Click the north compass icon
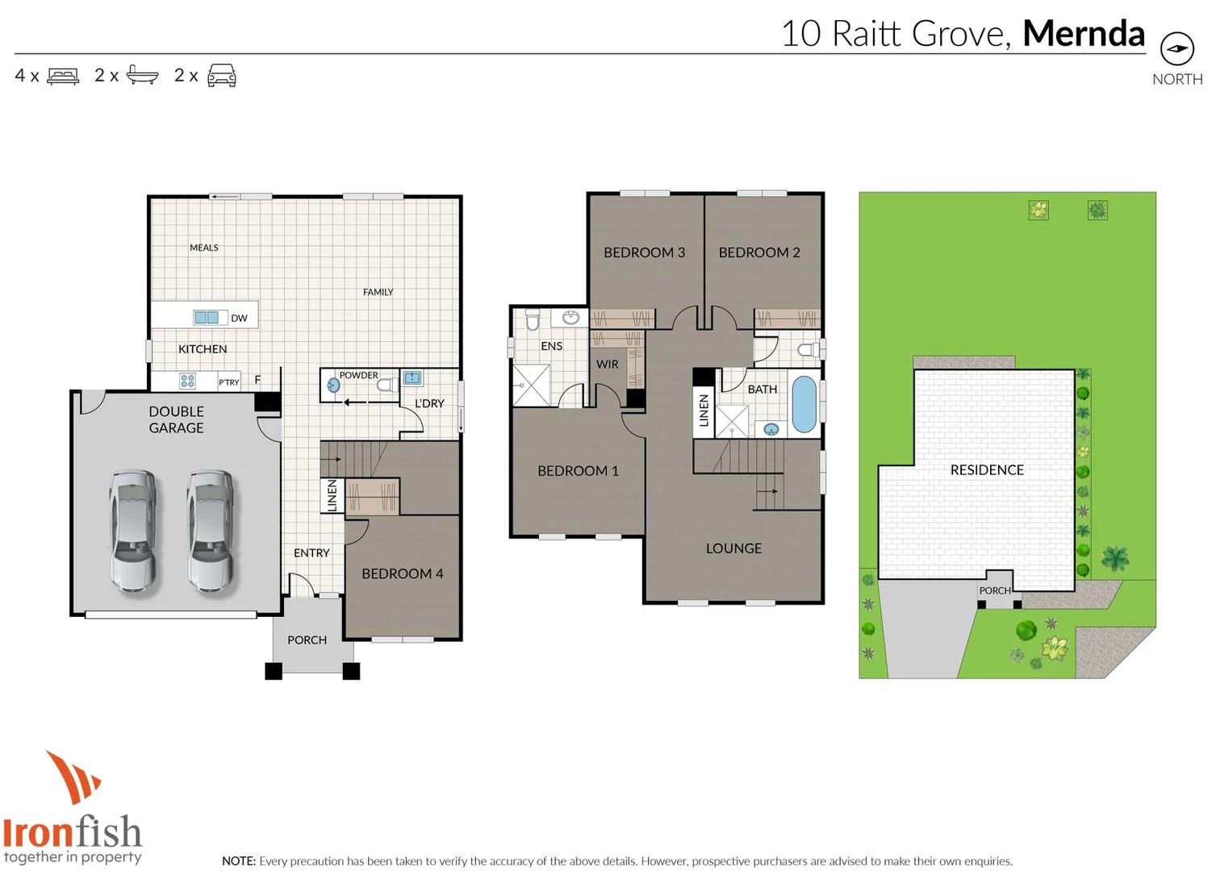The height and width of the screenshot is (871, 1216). coord(1176,49)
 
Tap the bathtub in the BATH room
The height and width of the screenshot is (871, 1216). coord(804,404)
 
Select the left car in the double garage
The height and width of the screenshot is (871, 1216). coord(134,531)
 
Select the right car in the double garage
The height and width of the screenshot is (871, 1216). coord(211,531)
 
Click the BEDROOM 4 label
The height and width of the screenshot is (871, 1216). coord(402,573)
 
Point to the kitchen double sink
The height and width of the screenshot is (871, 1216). coord(207,318)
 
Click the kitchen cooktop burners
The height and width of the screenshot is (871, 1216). coord(187,381)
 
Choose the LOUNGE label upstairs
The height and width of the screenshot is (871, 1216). coord(733,548)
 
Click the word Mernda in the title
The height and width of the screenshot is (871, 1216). coord(1083,34)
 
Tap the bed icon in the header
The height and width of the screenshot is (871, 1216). coord(63,76)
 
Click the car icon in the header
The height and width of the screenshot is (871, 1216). coord(222,76)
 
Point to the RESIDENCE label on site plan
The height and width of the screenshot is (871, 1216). coord(987,470)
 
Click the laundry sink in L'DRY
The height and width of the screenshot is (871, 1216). coord(412,377)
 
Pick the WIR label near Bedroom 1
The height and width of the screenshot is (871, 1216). coord(607,365)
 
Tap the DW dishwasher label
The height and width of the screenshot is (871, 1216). coord(239,319)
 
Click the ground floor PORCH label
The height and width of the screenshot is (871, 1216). coord(307,640)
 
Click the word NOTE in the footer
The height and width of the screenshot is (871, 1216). coord(238,861)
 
